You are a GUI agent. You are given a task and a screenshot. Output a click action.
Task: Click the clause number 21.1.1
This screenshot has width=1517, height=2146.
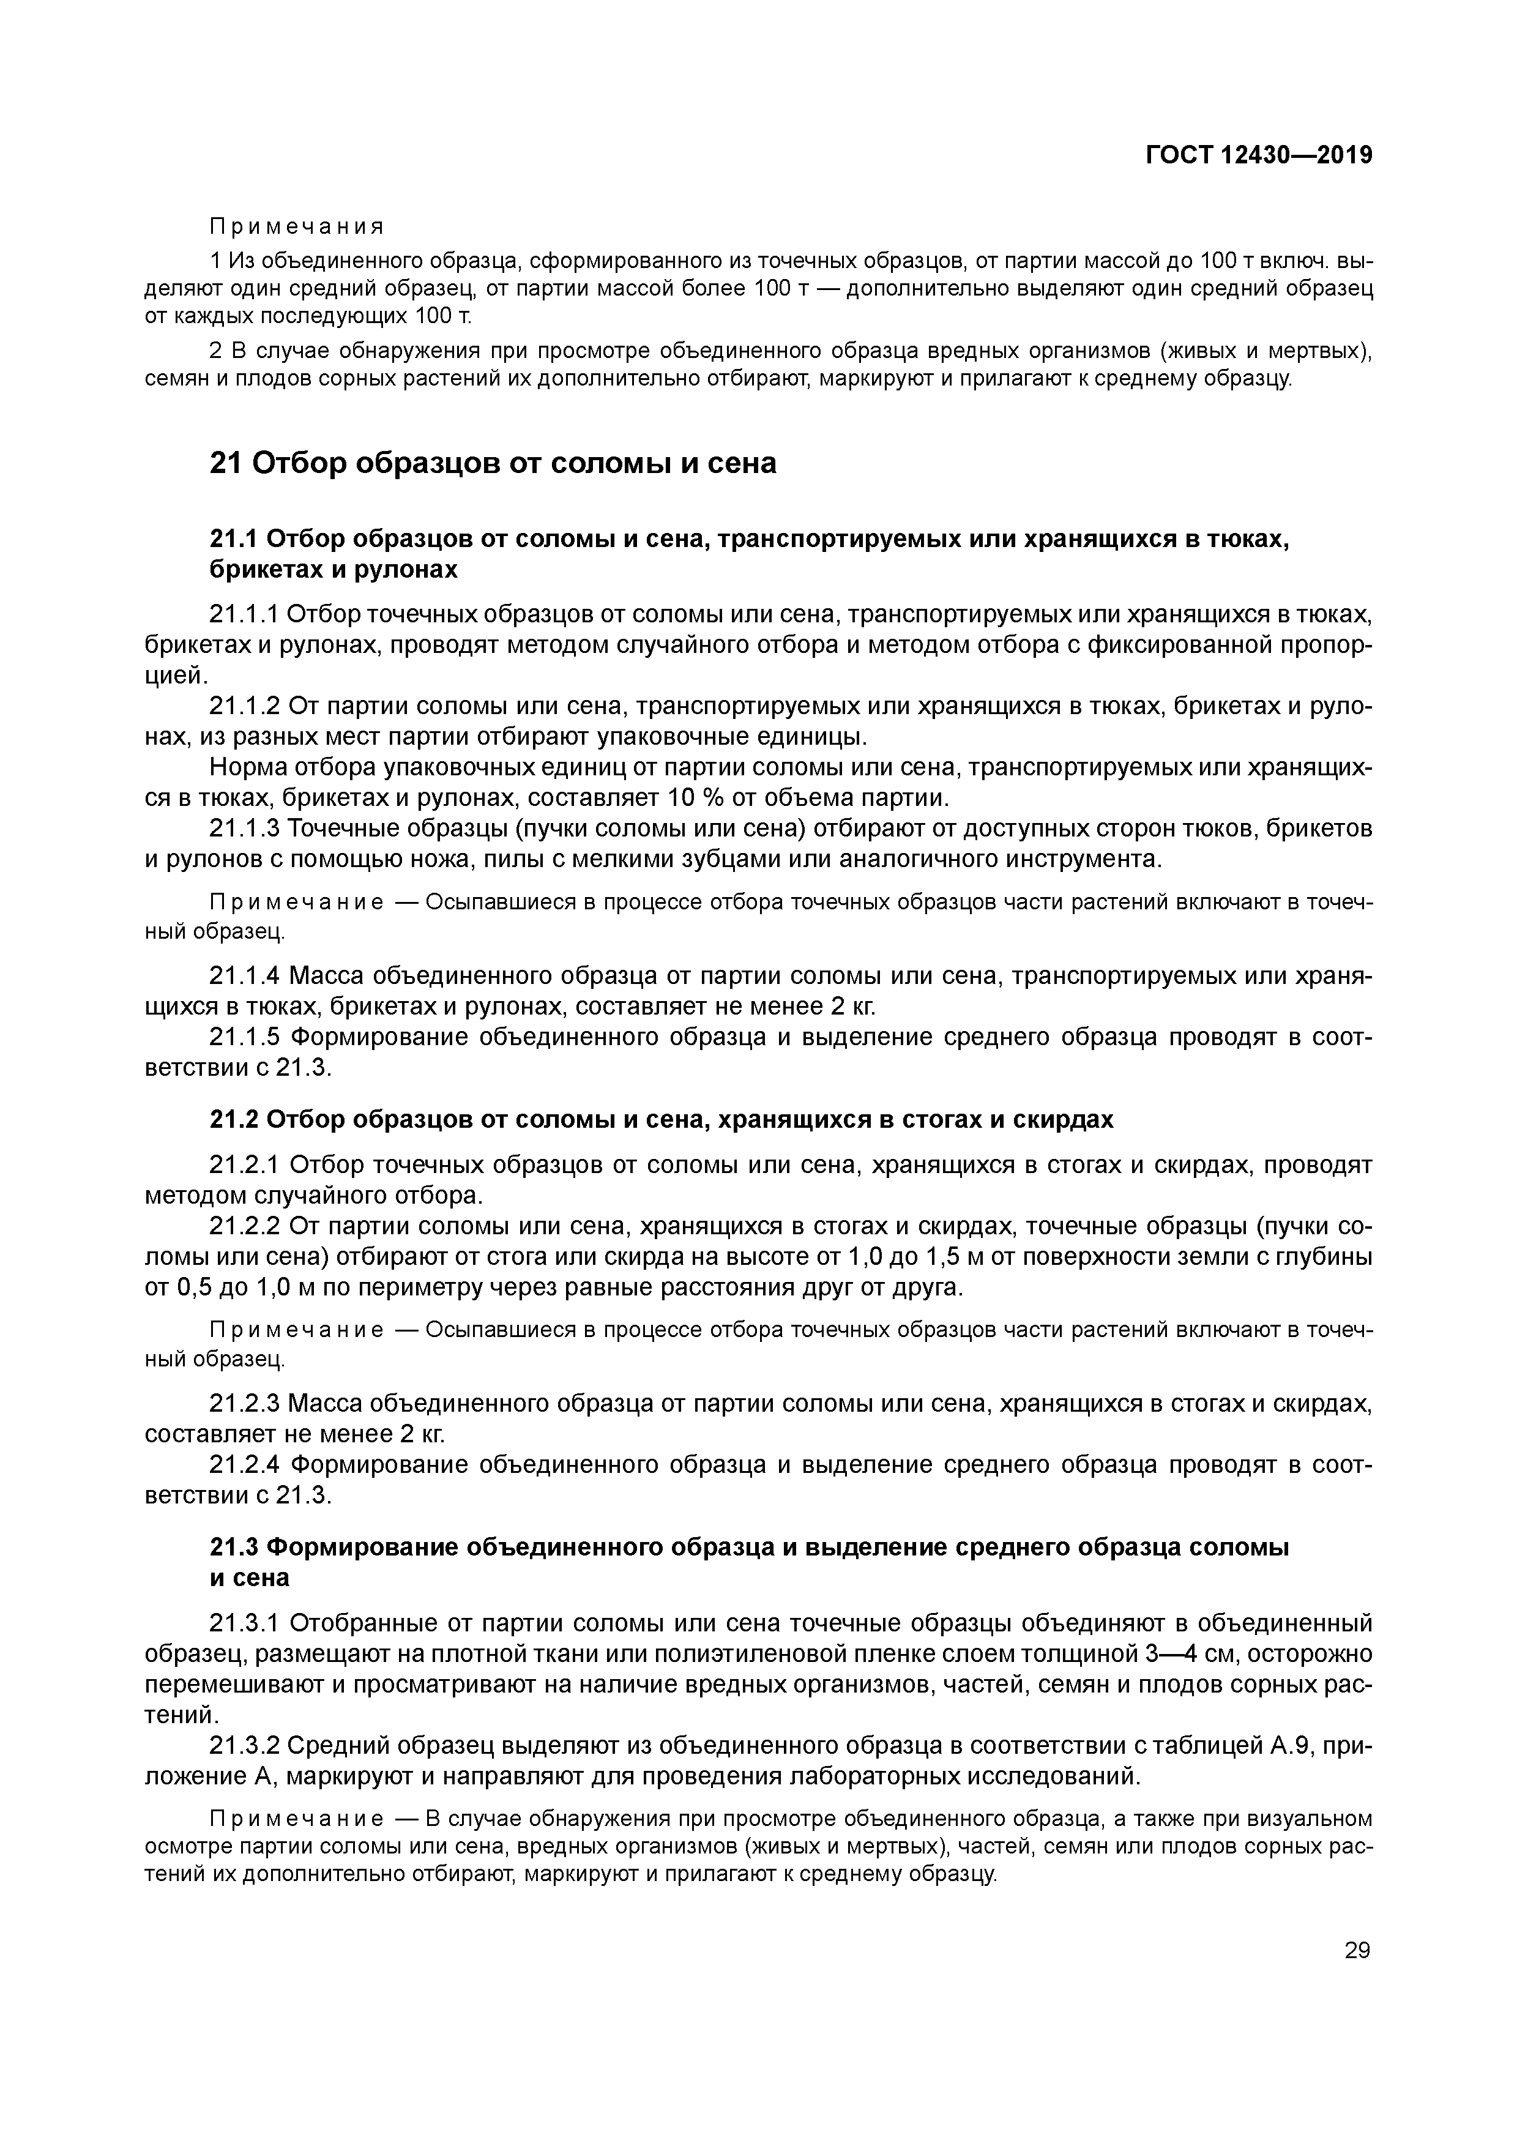[244, 615]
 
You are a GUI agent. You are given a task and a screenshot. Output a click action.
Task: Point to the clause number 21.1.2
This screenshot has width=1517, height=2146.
[244, 706]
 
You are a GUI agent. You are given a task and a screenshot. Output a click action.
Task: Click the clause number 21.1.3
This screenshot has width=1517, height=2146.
[244, 828]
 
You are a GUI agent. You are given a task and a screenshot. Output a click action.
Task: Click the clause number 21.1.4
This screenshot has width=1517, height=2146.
[244, 977]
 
